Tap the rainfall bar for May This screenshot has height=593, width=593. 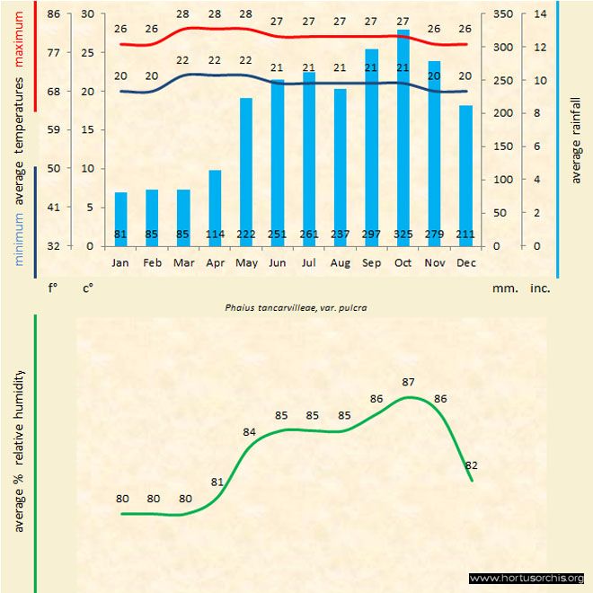pyautogui.click(x=246, y=171)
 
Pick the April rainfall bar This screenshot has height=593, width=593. pyautogui.click(x=215, y=208)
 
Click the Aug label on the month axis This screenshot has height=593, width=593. pyautogui.click(x=341, y=263)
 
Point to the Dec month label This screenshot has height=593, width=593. pyautogui.click(x=465, y=263)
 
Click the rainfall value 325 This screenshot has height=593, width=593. pyautogui.click(x=403, y=235)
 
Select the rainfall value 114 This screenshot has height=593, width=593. pyautogui.click(x=215, y=235)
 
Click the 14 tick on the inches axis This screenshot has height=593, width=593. pyautogui.click(x=540, y=14)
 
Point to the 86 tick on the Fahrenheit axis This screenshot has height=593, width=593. pyautogui.click(x=55, y=14)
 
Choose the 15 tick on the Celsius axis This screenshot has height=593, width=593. pyautogui.click(x=86, y=129)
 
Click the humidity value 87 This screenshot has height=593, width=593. pyautogui.click(x=409, y=382)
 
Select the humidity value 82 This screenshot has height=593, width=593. pyautogui.click(x=471, y=465)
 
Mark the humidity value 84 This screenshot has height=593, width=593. pyautogui.click(x=250, y=432)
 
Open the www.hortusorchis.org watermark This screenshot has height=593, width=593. pyautogui.click(x=527, y=579)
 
